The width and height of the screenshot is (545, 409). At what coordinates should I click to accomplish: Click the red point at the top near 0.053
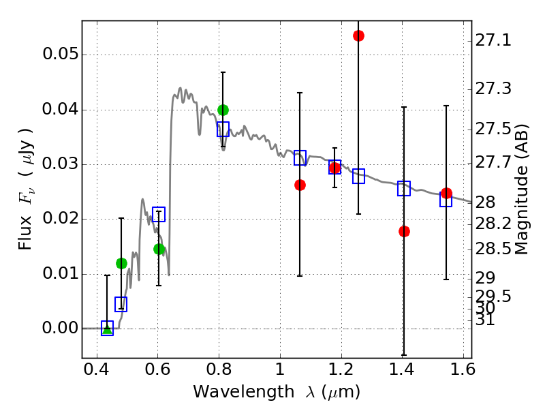[358, 35]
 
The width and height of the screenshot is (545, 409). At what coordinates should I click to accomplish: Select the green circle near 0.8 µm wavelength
[223, 110]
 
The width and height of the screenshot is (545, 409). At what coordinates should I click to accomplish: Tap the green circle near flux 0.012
[121, 263]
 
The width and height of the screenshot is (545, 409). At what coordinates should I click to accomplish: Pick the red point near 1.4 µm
[404, 231]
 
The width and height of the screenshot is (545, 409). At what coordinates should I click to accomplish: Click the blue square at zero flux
[107, 328]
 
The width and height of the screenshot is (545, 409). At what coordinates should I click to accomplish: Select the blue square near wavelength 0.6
[159, 215]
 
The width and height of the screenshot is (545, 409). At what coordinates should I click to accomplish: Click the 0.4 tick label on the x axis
[97, 372]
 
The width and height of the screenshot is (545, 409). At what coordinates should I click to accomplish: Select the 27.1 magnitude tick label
[494, 41]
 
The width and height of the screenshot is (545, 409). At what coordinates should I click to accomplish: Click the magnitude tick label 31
[486, 319]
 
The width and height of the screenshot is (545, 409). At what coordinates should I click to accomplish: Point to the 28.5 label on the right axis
[494, 249]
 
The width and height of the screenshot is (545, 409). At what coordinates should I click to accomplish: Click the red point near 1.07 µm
[300, 185]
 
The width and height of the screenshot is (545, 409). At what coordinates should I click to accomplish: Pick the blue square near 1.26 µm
[358, 176]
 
